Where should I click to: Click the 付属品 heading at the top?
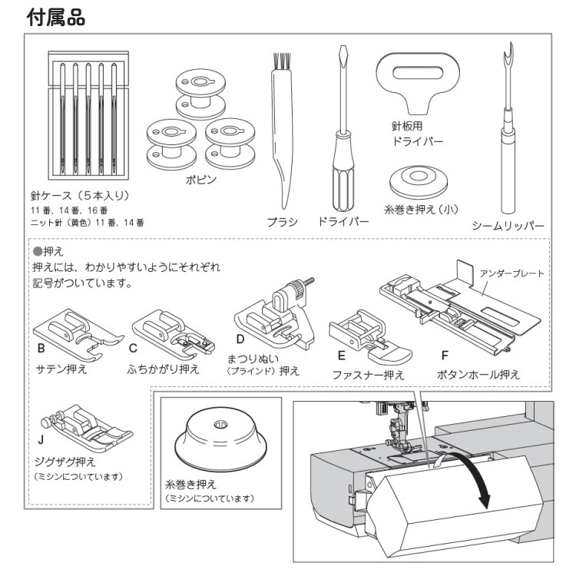click(56, 17)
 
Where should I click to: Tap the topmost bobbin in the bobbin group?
click(200, 94)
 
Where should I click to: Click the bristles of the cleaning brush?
click(282, 61)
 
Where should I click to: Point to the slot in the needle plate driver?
click(417, 72)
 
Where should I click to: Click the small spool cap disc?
click(419, 182)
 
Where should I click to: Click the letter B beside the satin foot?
click(41, 348)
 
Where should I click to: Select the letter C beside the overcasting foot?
click(133, 348)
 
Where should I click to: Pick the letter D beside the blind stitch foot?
click(240, 339)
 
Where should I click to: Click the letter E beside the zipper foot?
click(341, 356)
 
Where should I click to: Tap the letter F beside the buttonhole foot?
click(445, 356)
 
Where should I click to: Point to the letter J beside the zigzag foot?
click(41, 439)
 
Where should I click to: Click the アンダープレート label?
click(511, 273)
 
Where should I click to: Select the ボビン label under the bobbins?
click(201, 180)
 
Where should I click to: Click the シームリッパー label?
click(508, 226)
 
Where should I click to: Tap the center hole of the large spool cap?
click(220, 424)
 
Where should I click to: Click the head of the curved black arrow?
click(485, 502)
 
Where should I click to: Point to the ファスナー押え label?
click(368, 375)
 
